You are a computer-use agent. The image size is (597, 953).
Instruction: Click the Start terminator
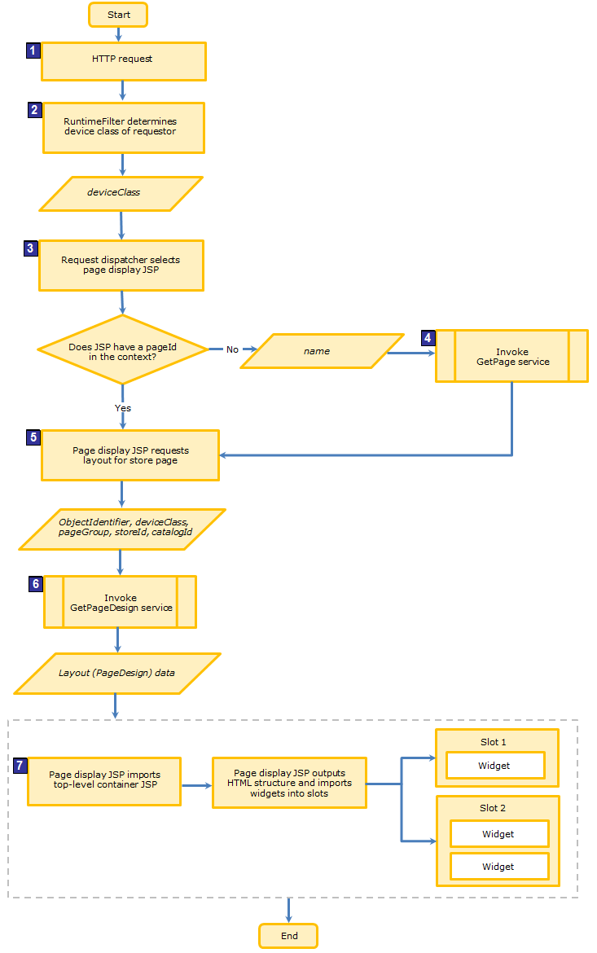point(118,15)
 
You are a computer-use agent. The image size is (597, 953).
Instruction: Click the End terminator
point(288,936)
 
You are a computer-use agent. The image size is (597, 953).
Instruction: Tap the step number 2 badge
point(34,110)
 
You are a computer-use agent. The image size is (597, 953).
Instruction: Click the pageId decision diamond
point(121,349)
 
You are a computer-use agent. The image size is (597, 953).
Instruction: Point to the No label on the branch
point(232,349)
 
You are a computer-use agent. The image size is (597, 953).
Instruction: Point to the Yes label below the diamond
point(122,407)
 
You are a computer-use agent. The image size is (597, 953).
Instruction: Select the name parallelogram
point(321,351)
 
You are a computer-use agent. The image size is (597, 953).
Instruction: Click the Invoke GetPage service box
point(511,356)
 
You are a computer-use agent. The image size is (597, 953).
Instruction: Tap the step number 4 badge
point(428,337)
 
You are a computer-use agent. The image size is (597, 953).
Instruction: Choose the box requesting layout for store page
point(130,455)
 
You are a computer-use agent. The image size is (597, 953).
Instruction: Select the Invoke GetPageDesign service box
point(120,603)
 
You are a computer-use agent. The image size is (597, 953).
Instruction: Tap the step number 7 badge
point(20,766)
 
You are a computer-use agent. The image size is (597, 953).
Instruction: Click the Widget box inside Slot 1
point(494,766)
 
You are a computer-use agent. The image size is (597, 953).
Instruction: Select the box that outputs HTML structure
point(289,783)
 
